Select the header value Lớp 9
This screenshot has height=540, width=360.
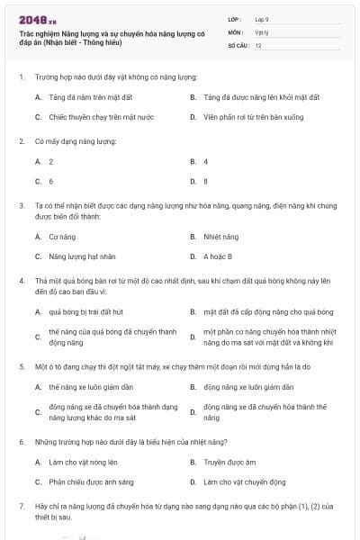click(261, 18)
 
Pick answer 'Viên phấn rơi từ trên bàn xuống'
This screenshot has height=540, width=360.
click(246, 117)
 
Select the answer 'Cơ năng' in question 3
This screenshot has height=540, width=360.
click(59, 237)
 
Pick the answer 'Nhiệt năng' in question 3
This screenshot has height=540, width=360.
click(220, 237)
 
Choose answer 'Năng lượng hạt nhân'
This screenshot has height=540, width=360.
click(82, 256)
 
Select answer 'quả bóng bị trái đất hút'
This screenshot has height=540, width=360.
click(85, 312)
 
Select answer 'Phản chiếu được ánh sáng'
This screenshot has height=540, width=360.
click(91, 482)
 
